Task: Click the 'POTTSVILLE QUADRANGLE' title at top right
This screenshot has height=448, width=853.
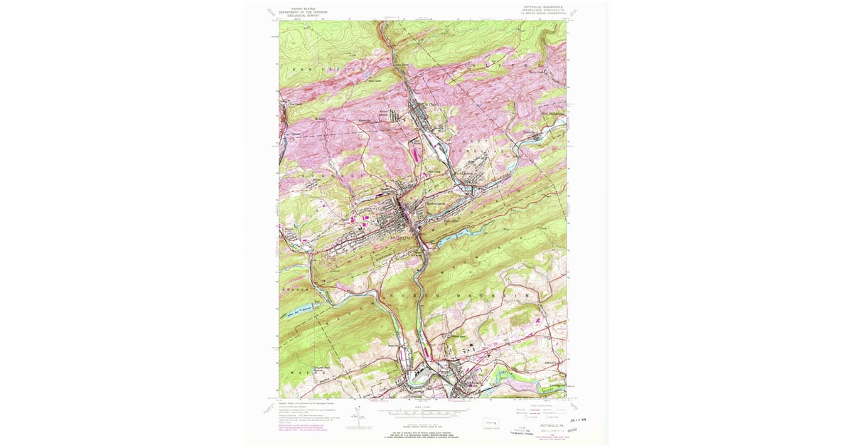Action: tap(542, 6)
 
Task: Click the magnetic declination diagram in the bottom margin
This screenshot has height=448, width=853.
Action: tap(359, 419)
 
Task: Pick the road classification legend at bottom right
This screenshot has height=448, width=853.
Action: tap(540, 411)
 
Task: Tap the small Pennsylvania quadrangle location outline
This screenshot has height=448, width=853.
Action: tap(490, 424)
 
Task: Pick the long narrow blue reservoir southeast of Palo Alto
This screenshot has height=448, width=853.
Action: tap(455, 235)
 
